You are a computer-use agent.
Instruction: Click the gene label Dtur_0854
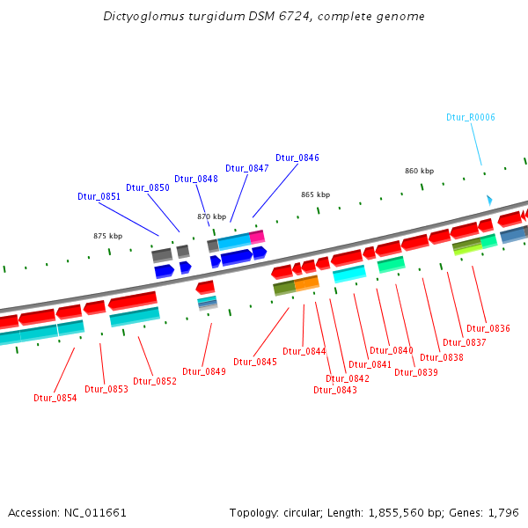point(55,398)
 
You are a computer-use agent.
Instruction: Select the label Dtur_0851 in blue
point(99,196)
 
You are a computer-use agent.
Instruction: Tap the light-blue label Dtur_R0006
point(471,117)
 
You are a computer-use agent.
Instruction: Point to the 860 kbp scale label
point(419,171)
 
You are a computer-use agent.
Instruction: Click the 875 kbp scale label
point(107,236)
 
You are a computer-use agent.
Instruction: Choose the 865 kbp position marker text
point(315,194)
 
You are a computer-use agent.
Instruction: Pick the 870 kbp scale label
point(211,216)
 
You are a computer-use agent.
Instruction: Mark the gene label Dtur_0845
point(255,362)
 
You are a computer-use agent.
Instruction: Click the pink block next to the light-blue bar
point(257,237)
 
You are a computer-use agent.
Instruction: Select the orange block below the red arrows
point(306,283)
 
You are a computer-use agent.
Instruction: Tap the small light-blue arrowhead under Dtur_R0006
point(489,201)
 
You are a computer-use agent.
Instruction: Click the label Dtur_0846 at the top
point(297,158)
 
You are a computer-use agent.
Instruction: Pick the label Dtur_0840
point(392,350)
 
